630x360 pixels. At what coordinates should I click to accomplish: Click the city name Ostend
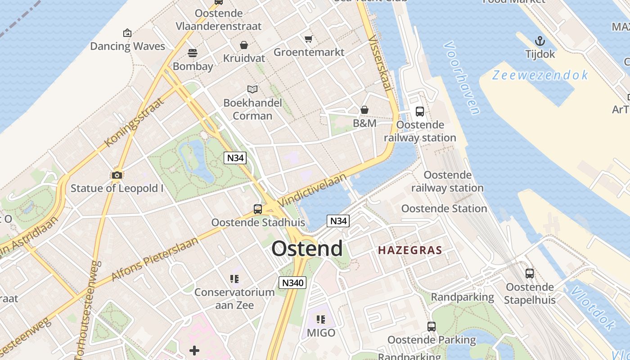pyautogui.click(x=307, y=248)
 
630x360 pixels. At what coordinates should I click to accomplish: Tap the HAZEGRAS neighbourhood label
pyautogui.click(x=410, y=250)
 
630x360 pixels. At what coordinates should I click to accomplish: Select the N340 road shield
pyautogui.click(x=292, y=283)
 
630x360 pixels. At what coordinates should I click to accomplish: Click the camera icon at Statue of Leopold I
pyautogui.click(x=117, y=175)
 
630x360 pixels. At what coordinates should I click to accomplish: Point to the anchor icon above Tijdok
pyautogui.click(x=540, y=41)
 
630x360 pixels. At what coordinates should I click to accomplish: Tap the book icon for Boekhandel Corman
pyautogui.click(x=252, y=90)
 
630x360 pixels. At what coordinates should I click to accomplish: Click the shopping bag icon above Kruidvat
pyautogui.click(x=244, y=45)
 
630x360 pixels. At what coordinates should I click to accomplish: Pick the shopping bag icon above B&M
pyautogui.click(x=364, y=110)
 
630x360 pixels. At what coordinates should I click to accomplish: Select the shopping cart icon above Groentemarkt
pyautogui.click(x=308, y=39)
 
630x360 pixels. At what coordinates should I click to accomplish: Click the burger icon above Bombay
pyautogui.click(x=193, y=53)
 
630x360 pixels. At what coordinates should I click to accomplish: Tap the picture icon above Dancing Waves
pyautogui.click(x=127, y=33)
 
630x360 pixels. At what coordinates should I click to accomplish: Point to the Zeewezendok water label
pyautogui.click(x=540, y=75)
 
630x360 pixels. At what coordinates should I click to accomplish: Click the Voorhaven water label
pyautogui.click(x=461, y=78)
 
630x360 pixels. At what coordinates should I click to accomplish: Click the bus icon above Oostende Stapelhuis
pyautogui.click(x=530, y=273)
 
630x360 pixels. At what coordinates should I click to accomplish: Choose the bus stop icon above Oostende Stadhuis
pyautogui.click(x=258, y=209)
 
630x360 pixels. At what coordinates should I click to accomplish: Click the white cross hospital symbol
pyautogui.click(x=194, y=351)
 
